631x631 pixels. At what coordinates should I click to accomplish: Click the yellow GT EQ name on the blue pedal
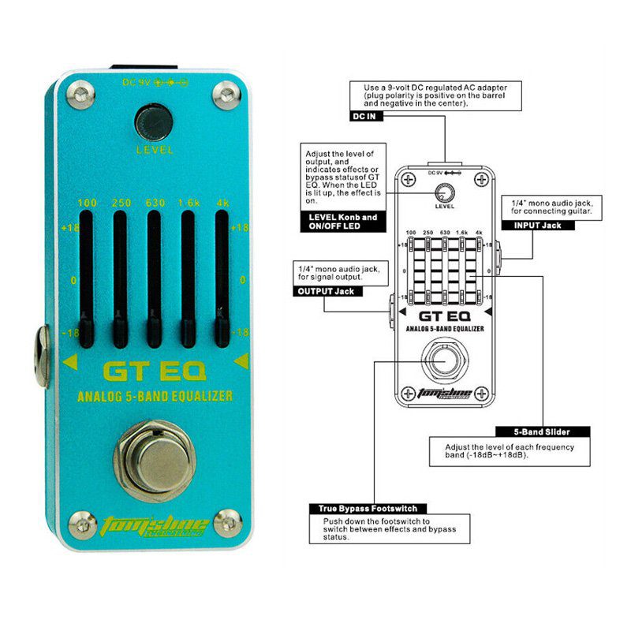(x=154, y=370)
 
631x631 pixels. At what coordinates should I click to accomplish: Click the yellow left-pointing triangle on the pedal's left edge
(x=69, y=362)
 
